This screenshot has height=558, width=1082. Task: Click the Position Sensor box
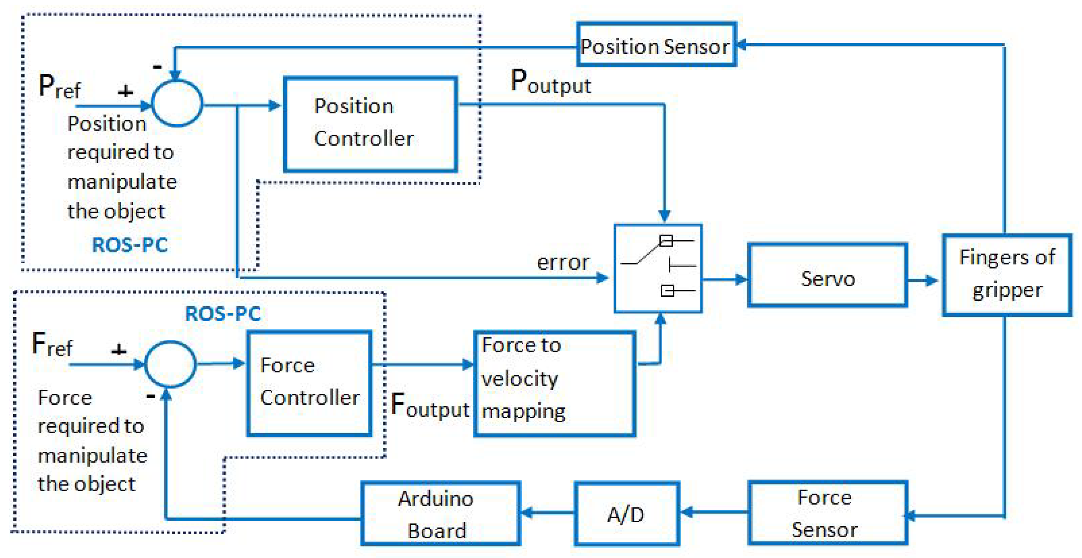tap(656, 45)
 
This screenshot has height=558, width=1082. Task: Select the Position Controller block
tap(370, 124)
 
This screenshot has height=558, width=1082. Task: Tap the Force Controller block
tap(309, 383)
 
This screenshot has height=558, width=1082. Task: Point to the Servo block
tap(827, 276)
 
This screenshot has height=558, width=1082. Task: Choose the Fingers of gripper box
tap(1006, 275)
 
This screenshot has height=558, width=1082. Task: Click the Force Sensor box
tap(827, 513)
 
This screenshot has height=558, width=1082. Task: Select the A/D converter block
tap(626, 513)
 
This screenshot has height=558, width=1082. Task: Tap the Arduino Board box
tap(440, 513)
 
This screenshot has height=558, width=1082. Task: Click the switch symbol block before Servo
tap(657, 268)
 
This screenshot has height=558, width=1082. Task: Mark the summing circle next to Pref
tap(177, 103)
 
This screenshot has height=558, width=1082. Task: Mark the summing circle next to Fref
tap(170, 364)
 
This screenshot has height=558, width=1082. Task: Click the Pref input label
tap(59, 87)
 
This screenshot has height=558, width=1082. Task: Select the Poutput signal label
tap(550, 82)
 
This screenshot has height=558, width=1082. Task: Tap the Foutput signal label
tap(429, 405)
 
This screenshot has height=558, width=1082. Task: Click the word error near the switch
tap(563, 262)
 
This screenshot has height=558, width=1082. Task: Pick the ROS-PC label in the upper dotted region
tap(130, 245)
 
